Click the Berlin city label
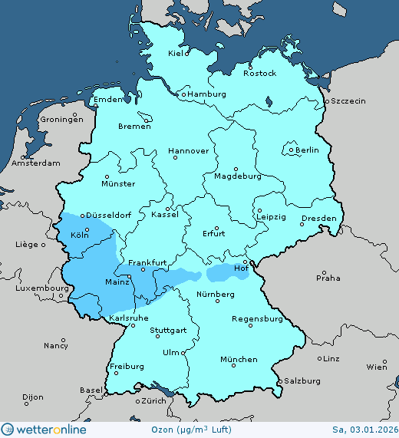(307, 150)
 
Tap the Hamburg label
(207, 94)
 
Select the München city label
(239, 360)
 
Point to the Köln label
(79, 235)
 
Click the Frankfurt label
(147, 263)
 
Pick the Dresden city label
(318, 219)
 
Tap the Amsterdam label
(36, 163)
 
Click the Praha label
(328, 278)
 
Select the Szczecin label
(348, 101)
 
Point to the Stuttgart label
(168, 331)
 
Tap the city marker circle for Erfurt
(216, 228)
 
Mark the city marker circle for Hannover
(175, 157)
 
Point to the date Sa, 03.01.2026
(364, 430)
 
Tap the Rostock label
(259, 74)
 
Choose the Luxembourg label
(35, 288)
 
